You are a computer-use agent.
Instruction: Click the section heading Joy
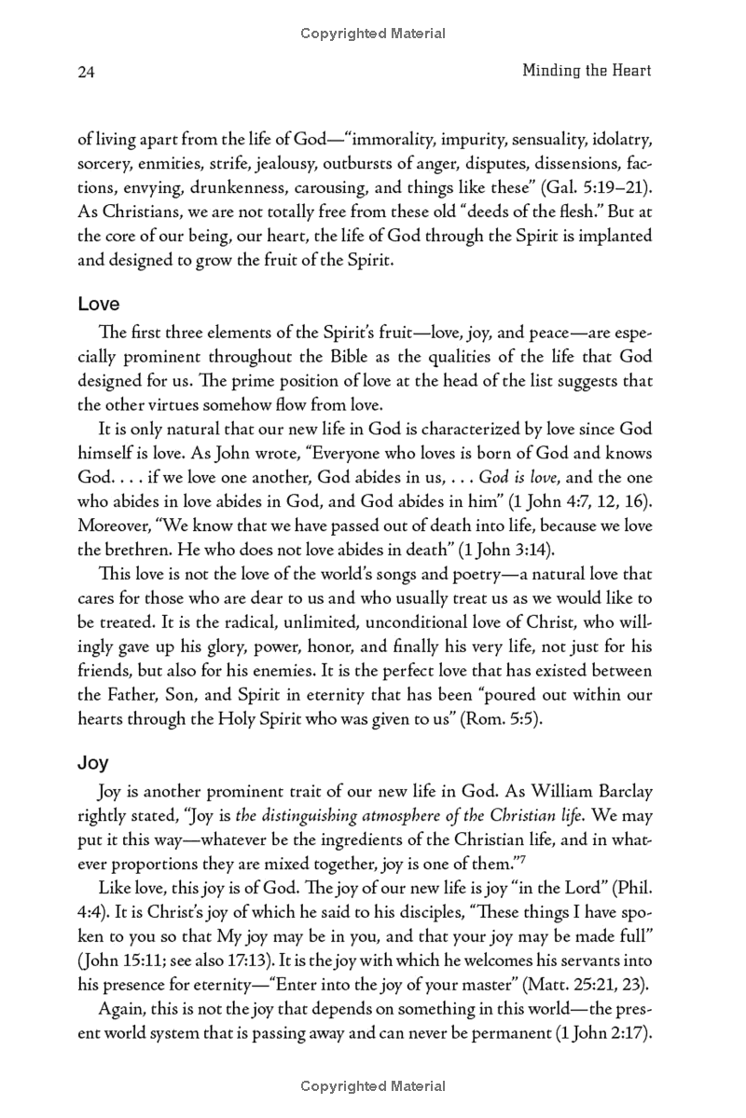coord(93,762)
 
